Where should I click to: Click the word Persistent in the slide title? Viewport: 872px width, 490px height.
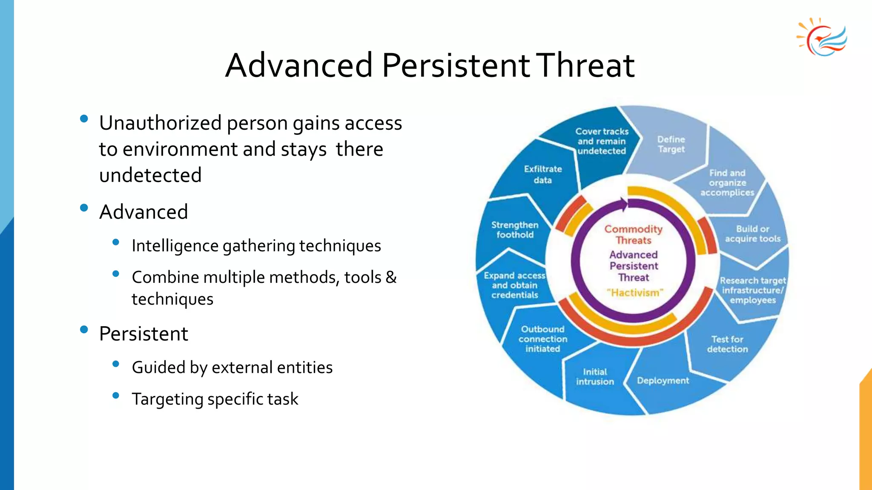(456, 65)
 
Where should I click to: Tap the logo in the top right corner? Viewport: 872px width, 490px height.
(822, 38)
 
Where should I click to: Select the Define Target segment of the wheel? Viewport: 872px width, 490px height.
(671, 144)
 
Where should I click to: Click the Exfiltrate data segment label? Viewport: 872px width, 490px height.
(543, 174)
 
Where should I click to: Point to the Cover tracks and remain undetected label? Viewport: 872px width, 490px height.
(602, 141)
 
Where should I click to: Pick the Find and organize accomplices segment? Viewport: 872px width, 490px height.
(727, 183)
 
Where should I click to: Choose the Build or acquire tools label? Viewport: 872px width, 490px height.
(752, 234)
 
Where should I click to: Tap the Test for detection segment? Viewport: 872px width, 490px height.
(727, 344)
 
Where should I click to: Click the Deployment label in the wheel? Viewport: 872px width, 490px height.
(663, 381)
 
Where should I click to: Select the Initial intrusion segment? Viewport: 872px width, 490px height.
(595, 377)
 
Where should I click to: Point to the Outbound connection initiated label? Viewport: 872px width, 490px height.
(543, 339)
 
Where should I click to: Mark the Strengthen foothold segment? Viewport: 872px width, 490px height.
(515, 230)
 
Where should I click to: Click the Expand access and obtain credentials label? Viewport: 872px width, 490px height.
(514, 285)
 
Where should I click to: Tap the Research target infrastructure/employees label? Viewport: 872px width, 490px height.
(752, 290)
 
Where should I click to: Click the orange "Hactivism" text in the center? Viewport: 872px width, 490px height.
(635, 293)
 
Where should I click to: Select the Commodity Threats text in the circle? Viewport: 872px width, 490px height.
(634, 235)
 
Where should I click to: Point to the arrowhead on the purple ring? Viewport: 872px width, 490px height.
(624, 204)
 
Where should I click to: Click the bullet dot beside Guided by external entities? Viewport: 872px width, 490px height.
(115, 364)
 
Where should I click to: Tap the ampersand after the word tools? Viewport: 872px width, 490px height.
(391, 277)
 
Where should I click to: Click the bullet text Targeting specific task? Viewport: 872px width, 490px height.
(215, 399)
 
